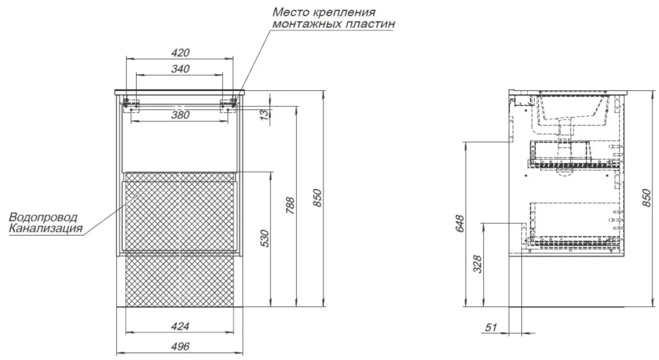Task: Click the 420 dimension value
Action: pyautogui.click(x=181, y=53)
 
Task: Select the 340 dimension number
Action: pyautogui.click(x=180, y=69)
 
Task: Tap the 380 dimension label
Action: pyautogui.click(x=180, y=115)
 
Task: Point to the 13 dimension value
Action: pyautogui.click(x=264, y=115)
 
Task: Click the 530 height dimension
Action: pyautogui.click(x=264, y=238)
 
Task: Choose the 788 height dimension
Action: pyautogui.click(x=290, y=206)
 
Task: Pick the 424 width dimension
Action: pyautogui.click(x=180, y=326)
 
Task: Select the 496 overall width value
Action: pyautogui.click(x=180, y=346)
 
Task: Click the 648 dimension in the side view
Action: pyautogui.click(x=459, y=224)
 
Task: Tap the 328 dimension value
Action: pyautogui.click(x=478, y=264)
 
